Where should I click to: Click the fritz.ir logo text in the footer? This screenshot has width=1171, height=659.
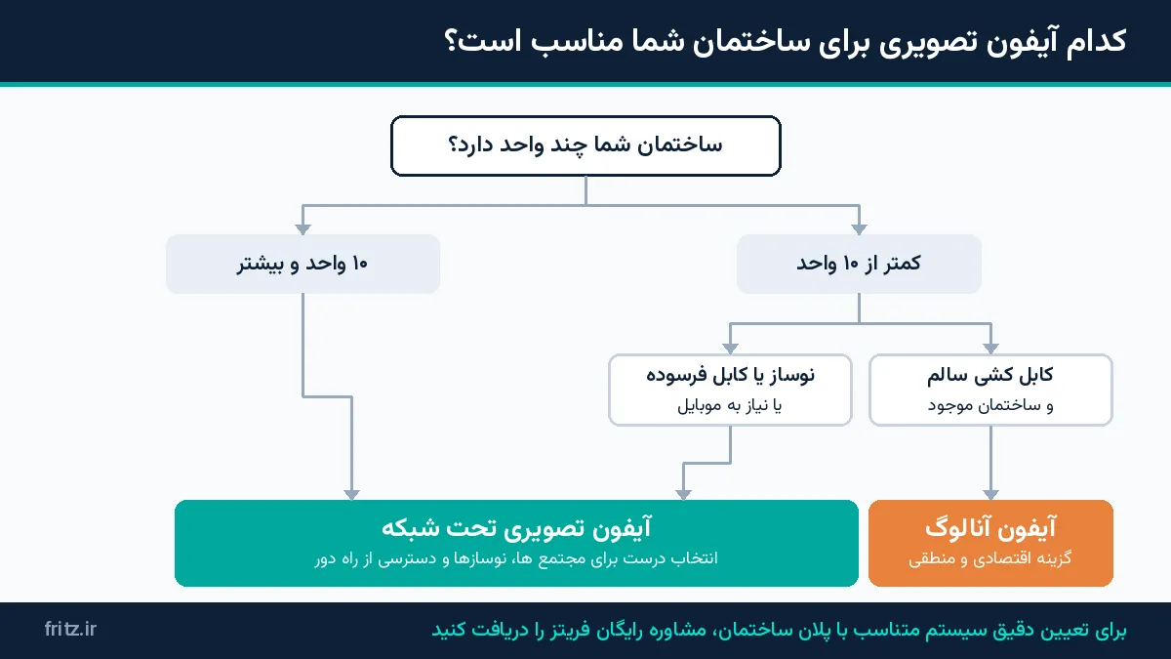coord(70,629)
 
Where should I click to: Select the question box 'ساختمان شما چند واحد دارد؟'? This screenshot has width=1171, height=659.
coord(585,145)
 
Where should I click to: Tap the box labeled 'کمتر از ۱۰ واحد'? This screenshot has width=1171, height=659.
coord(859,264)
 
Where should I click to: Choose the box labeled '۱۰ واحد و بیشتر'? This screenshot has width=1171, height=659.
coord(303,264)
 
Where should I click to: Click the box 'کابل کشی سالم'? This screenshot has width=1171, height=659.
coord(990,390)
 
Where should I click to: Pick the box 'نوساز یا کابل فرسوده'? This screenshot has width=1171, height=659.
coord(730,390)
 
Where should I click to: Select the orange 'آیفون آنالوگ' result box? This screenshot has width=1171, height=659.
coord(990,543)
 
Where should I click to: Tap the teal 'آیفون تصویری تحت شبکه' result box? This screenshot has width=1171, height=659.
coord(516,543)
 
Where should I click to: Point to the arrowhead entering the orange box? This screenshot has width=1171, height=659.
coord(990,495)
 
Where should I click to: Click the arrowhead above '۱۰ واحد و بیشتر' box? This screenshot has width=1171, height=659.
coord(303,229)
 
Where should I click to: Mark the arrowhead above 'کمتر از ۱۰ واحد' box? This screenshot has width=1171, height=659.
coord(859,229)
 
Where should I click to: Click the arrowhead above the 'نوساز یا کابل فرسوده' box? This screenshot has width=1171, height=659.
coord(730,349)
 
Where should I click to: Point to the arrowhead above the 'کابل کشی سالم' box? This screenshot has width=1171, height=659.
coord(990,349)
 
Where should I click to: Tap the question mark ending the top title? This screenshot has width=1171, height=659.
coord(451,41)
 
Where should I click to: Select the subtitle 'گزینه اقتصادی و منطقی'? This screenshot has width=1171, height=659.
coord(989,558)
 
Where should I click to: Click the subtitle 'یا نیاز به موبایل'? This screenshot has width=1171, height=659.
coord(730,406)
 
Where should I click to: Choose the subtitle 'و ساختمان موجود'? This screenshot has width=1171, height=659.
coord(990,406)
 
